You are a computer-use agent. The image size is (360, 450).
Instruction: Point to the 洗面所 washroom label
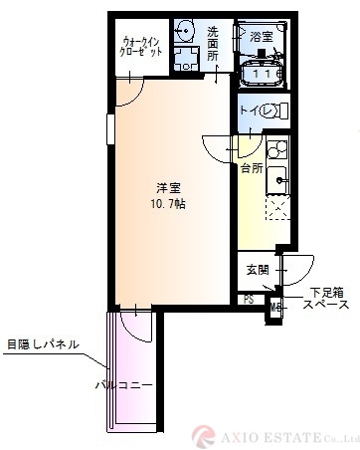click(212, 44)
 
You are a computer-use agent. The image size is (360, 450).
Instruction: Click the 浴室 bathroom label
click(262, 37)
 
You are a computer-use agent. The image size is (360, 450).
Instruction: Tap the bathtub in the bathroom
click(264, 72)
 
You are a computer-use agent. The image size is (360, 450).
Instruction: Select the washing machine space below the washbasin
click(185, 58)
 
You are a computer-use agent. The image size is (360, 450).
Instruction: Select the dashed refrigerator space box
click(275, 206)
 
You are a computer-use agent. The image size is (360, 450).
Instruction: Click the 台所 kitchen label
click(251, 169)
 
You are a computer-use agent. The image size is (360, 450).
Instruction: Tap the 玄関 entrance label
click(257, 269)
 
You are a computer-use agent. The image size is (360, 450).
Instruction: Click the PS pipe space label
click(249, 299)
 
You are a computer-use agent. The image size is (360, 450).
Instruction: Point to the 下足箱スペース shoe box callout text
click(326, 300)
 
